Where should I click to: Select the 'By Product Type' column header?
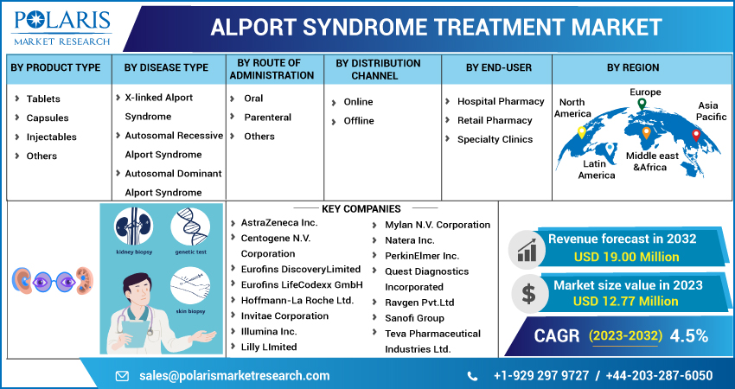coord(55,67)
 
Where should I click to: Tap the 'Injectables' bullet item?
coord(51,137)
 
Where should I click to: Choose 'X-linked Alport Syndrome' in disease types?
coord(158,106)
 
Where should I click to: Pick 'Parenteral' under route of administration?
coord(267,117)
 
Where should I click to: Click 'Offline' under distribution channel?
coord(359,121)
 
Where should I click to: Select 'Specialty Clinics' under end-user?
coord(495,139)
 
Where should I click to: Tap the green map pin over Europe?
coord(642,105)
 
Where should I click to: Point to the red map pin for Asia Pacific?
coord(696,134)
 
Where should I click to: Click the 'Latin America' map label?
coord(597,169)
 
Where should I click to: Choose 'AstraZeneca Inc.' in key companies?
coord(279,223)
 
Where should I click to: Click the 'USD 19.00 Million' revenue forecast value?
coord(627,256)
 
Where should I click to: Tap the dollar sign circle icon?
coord(527,292)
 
